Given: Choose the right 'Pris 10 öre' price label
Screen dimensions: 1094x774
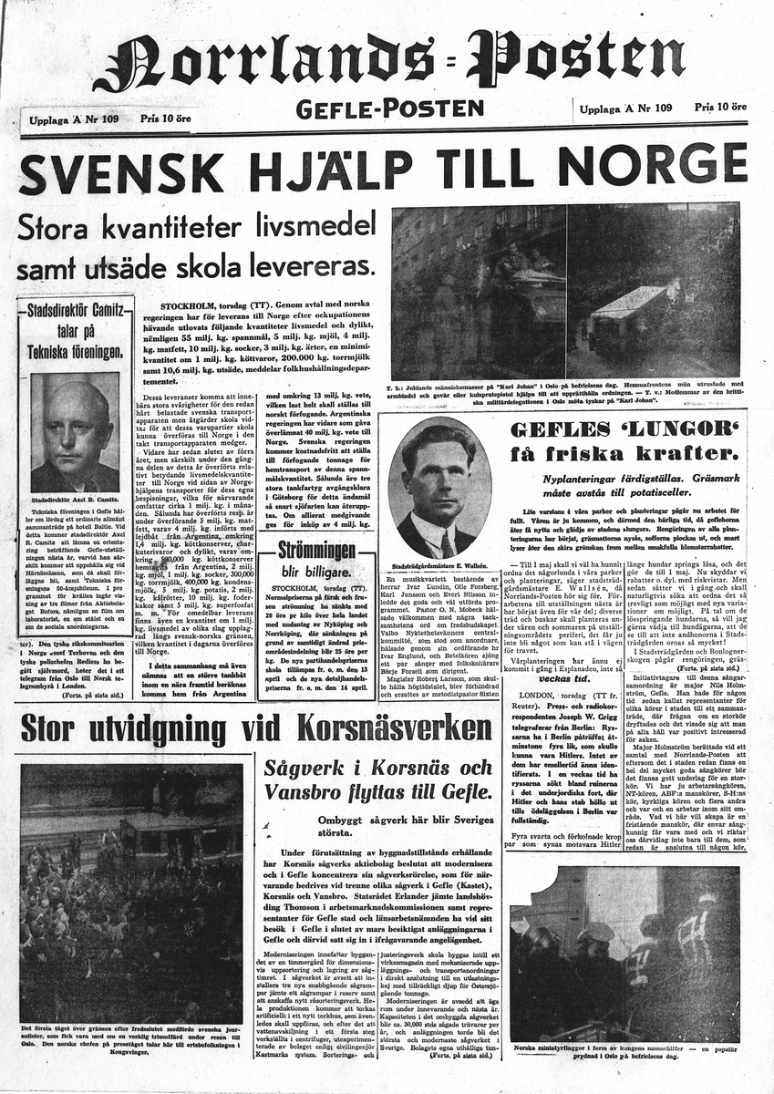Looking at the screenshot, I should (721, 107).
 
